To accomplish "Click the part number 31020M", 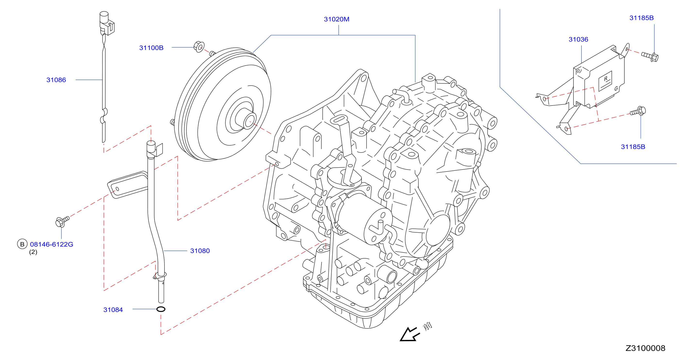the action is pos(336,19).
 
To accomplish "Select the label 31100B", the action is pos(151,48).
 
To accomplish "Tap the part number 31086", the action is pos(56,80).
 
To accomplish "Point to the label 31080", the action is pos(200,251).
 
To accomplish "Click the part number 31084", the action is pos(113,310).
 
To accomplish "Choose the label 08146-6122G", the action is pos(51,244).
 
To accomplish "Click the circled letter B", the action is pos(22,244).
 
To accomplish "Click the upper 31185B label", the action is pos(641,18).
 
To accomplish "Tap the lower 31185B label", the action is pos(633,147).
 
